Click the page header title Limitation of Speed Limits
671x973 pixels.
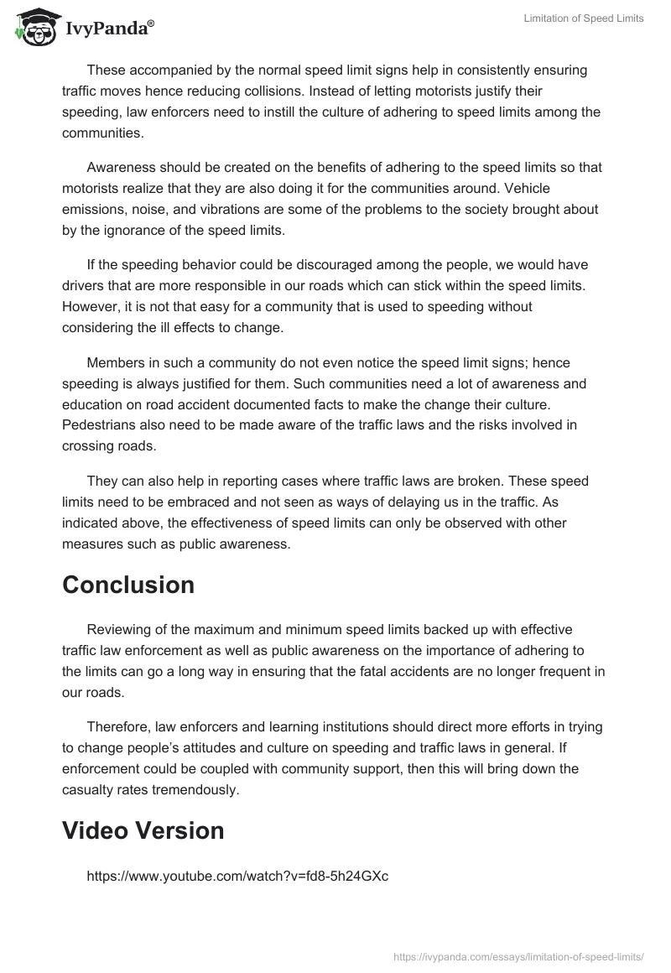[583, 18]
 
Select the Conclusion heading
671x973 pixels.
[127, 585]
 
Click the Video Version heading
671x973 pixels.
[143, 830]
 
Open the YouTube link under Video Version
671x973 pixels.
[237, 876]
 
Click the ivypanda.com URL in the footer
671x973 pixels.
[518, 956]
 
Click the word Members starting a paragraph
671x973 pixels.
[117, 362]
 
